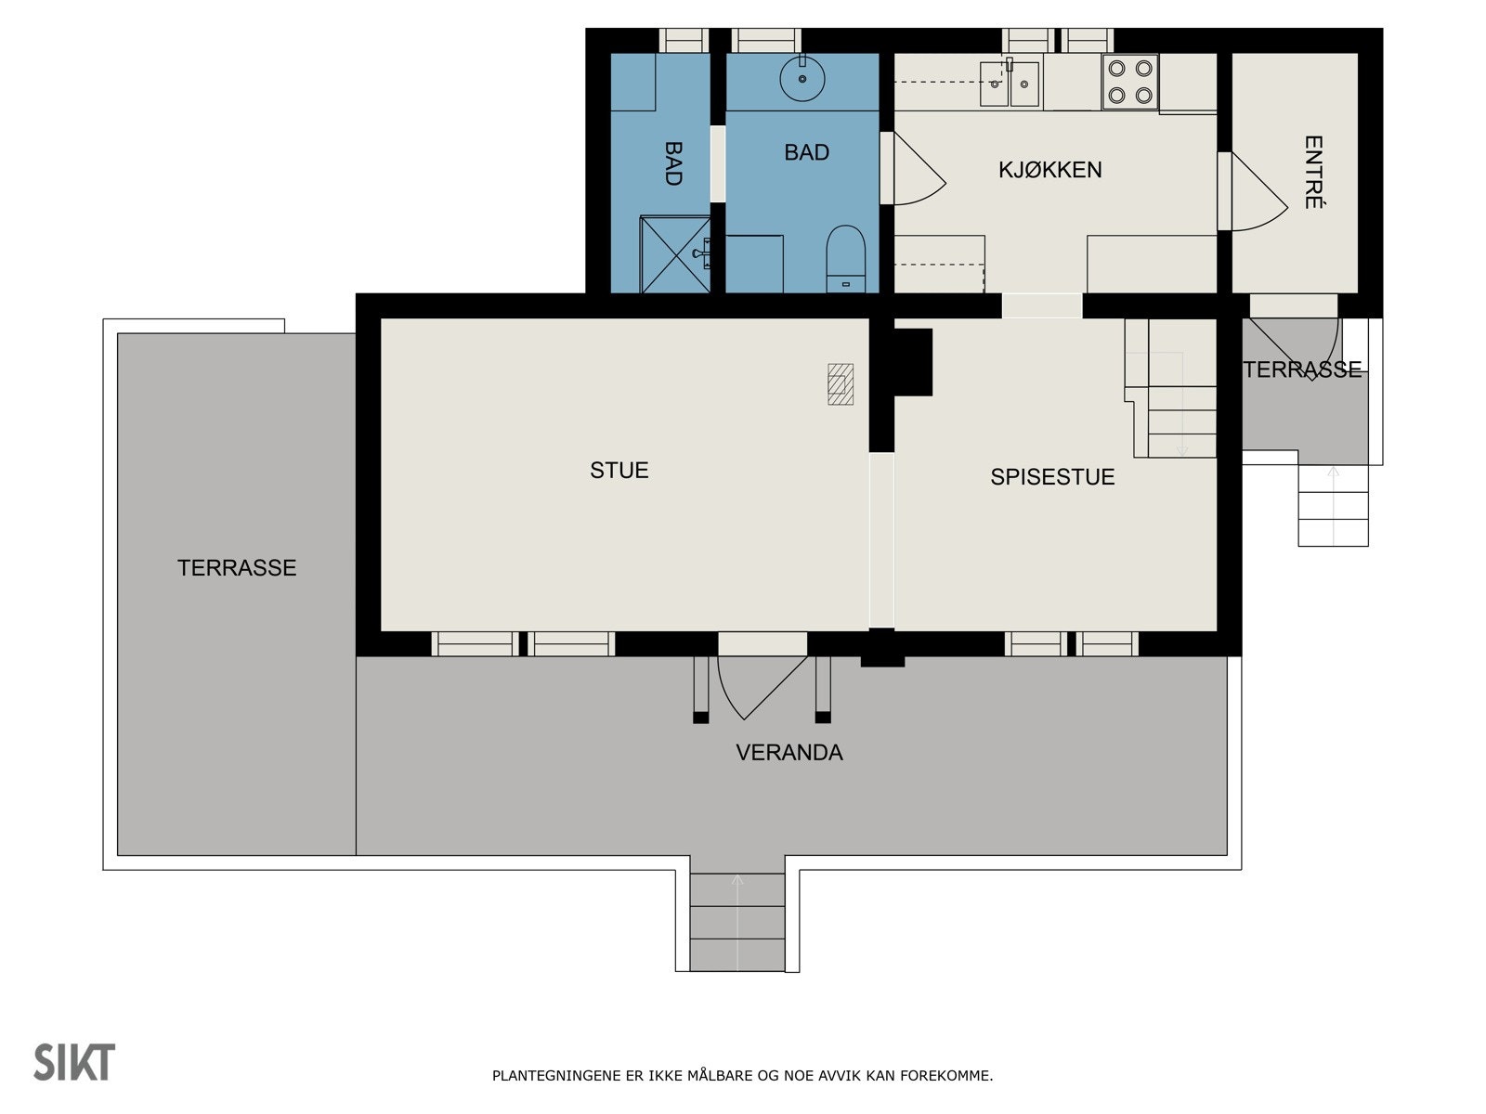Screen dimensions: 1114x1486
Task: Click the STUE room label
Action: [619, 471]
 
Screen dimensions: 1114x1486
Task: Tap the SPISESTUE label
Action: [1051, 477]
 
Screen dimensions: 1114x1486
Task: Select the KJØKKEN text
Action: [1049, 170]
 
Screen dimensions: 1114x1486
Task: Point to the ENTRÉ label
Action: [1312, 173]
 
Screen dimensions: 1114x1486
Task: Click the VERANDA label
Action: [789, 753]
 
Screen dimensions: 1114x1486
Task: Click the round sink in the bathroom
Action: [802, 78]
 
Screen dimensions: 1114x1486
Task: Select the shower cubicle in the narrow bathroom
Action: [675, 254]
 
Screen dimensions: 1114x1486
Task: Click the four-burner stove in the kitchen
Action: [1129, 82]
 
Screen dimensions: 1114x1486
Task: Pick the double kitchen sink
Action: [1009, 84]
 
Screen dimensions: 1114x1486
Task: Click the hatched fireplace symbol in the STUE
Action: [841, 383]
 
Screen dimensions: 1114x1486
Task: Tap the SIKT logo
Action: [74, 1062]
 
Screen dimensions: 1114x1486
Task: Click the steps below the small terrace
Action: [1333, 506]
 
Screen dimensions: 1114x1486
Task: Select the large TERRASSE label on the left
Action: [237, 568]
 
